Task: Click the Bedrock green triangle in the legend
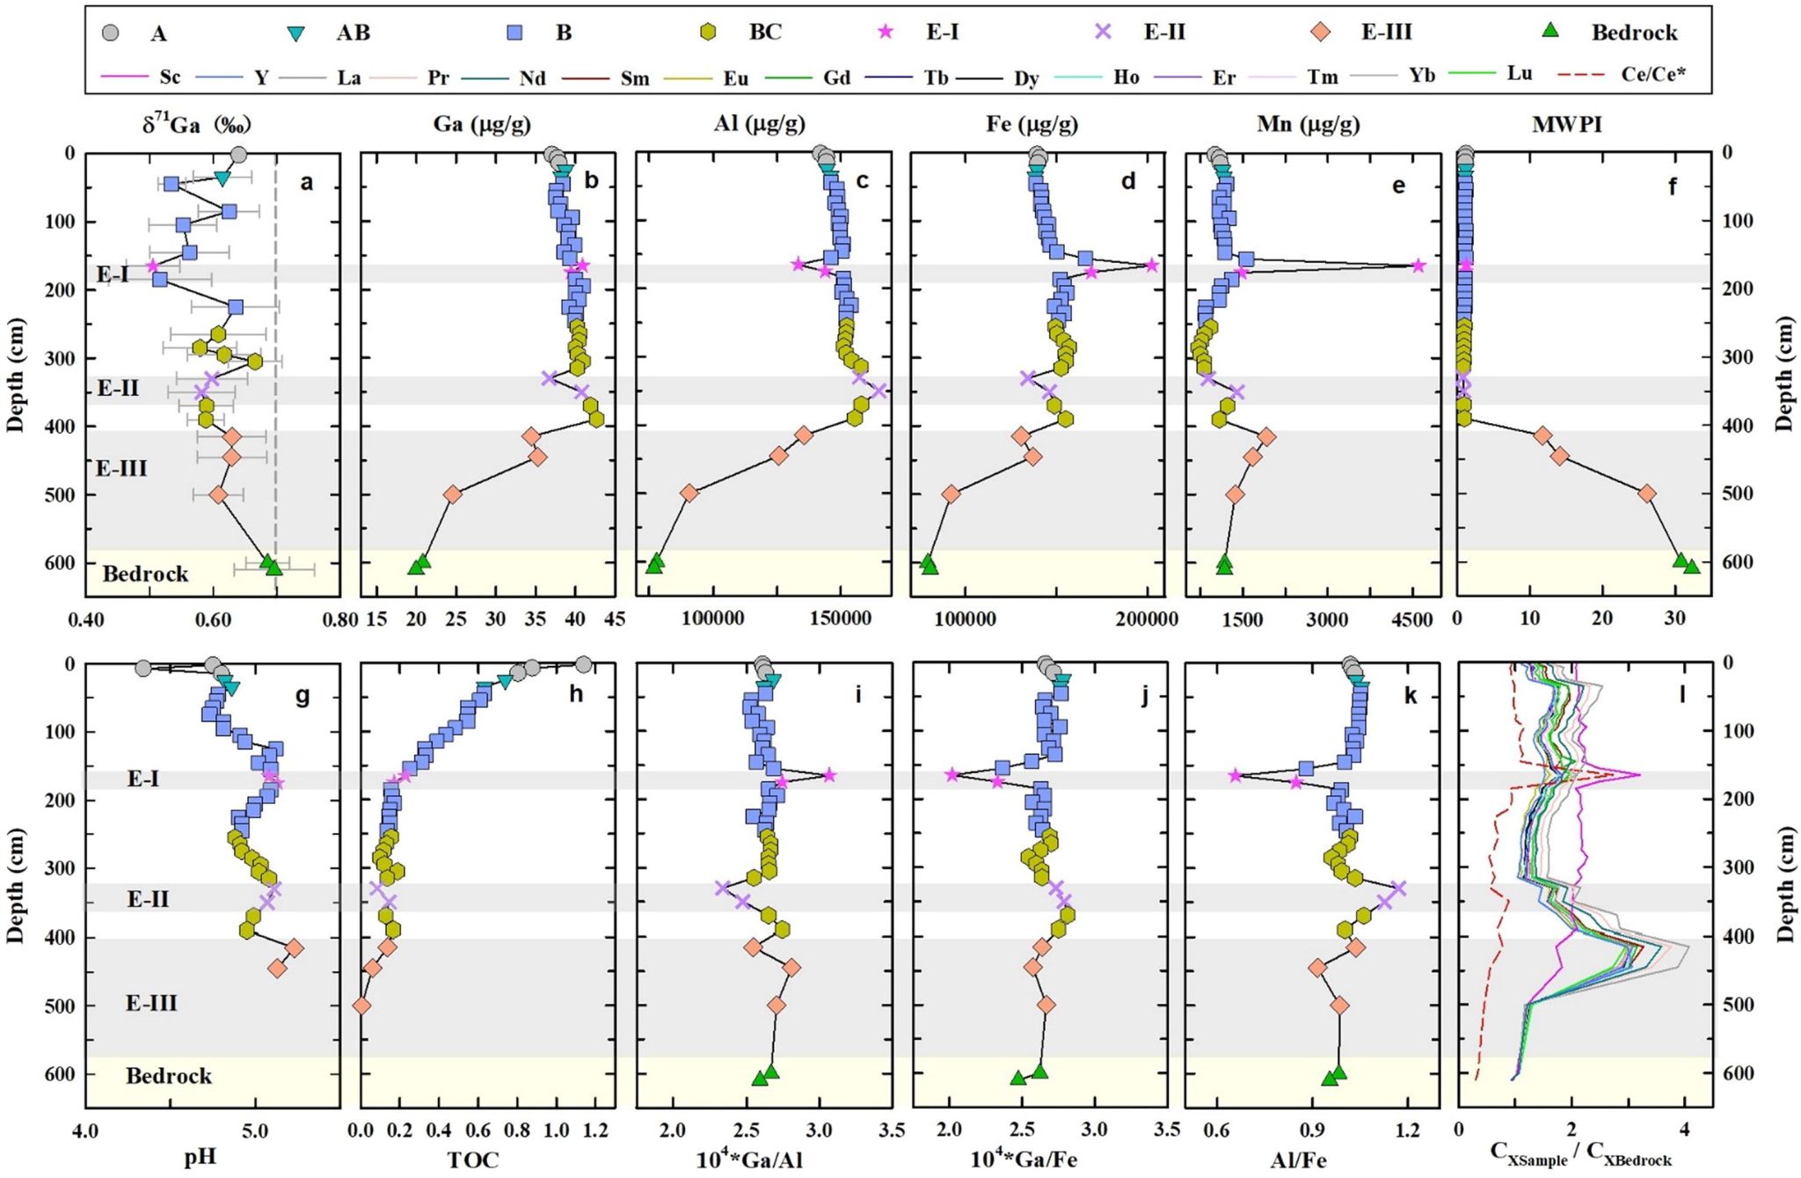tap(1552, 32)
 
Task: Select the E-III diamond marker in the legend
tap(1321, 32)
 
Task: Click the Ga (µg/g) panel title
tap(482, 124)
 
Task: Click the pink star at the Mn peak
tap(1418, 266)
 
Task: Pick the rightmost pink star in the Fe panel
tap(1152, 266)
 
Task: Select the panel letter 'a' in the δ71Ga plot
tap(306, 183)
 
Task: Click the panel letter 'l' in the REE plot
tap(1682, 695)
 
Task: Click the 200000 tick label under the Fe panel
tap(1148, 620)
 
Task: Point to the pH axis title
tap(200, 1158)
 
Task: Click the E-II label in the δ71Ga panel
tap(118, 388)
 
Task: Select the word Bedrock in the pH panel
tap(169, 1076)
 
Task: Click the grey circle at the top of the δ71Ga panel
tap(238, 155)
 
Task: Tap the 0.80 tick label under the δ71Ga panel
tap(340, 620)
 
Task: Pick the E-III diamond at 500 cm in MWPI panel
tap(1647, 494)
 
